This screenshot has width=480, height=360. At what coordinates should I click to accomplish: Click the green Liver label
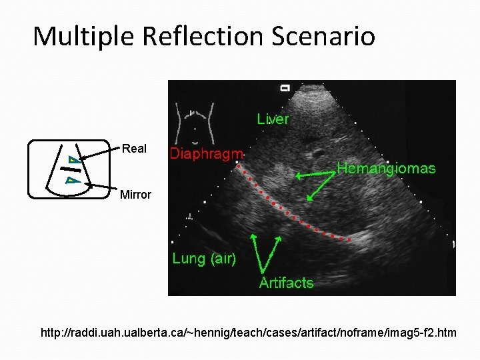tap(273, 119)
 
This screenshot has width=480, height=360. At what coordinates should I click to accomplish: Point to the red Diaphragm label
tap(206, 154)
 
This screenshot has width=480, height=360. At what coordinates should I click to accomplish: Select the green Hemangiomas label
tap(386, 168)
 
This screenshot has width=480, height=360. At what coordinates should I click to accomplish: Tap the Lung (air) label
tap(204, 259)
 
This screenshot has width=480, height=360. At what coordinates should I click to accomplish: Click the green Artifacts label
tap(286, 283)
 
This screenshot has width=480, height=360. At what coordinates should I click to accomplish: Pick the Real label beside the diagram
tap(134, 149)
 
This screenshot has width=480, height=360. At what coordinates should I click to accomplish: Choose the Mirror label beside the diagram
tap(135, 195)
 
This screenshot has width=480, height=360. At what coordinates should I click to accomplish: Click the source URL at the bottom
tap(248, 331)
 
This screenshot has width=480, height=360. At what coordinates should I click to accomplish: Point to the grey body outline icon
tap(194, 123)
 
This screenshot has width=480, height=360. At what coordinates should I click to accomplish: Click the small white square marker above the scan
tap(285, 87)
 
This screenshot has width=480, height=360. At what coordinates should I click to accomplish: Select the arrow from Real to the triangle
tap(100, 155)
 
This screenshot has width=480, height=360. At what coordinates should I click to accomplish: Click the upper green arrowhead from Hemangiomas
tap(299, 176)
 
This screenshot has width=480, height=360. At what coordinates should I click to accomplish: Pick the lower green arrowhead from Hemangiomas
tap(309, 197)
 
